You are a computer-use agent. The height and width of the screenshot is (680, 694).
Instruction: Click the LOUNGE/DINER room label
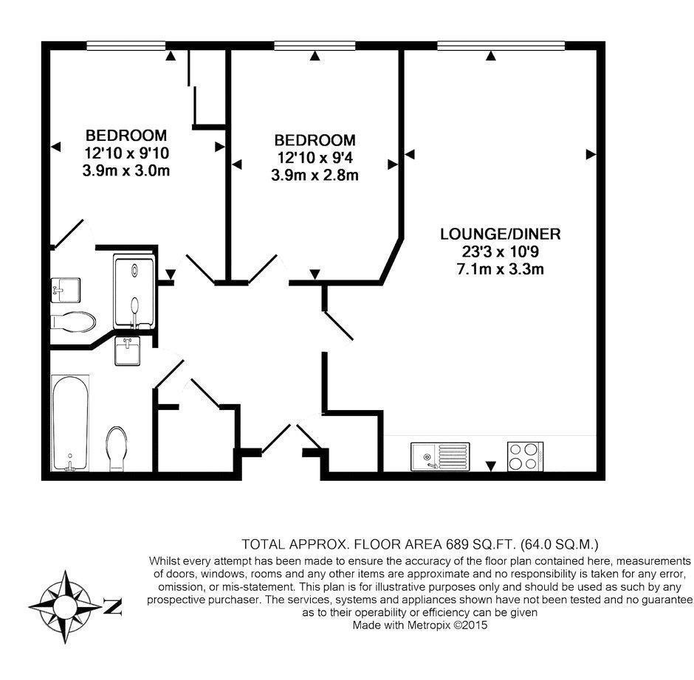(x=500, y=235)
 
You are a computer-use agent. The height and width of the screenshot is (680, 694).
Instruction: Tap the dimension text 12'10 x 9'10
(x=126, y=154)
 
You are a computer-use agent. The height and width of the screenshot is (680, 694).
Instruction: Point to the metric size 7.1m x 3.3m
(x=500, y=269)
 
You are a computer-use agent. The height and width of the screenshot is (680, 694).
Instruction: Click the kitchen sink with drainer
(x=439, y=455)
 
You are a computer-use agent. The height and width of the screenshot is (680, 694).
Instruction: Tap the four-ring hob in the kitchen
(x=525, y=455)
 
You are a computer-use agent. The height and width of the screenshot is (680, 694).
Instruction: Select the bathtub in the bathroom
(x=70, y=422)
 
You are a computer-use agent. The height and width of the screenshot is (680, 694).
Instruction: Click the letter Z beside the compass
(x=112, y=607)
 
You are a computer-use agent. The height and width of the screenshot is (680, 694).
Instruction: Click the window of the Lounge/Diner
(x=501, y=45)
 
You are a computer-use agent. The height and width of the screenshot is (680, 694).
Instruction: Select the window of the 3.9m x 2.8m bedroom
(x=315, y=45)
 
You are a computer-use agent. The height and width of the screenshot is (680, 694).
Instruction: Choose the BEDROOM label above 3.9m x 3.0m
(x=126, y=136)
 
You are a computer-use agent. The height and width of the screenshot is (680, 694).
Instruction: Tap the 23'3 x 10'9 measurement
(x=500, y=252)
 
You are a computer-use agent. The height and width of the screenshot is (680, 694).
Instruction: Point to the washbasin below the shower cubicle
(x=128, y=351)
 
